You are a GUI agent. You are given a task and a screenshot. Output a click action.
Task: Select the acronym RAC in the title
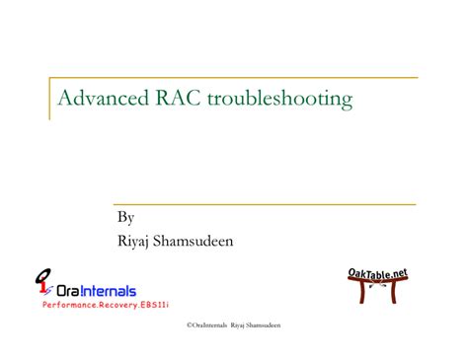pyautogui.click(x=178, y=99)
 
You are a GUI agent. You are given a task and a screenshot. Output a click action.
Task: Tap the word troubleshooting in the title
pyautogui.click(x=279, y=100)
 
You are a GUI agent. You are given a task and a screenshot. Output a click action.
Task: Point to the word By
pyautogui.click(x=126, y=217)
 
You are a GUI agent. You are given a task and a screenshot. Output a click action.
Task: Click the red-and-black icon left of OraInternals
pyautogui.click(x=42, y=284)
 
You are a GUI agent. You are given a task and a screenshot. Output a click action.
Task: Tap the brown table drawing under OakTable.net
pyautogui.click(x=378, y=293)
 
